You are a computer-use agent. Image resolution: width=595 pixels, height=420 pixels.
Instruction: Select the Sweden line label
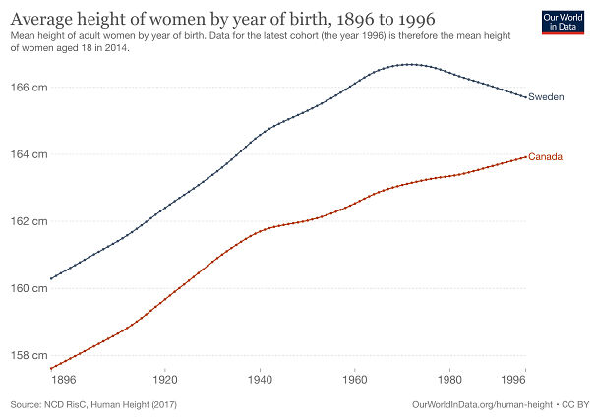point(546,97)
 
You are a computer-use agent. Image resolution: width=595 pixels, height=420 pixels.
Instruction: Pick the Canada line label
point(546,157)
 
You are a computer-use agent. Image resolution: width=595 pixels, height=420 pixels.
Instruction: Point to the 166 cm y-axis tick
point(30,88)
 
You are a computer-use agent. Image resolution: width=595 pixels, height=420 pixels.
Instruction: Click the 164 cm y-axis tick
point(30,154)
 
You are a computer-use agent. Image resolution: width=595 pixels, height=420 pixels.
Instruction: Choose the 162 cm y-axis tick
point(30,221)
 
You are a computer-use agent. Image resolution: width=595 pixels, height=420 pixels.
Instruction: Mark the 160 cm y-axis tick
point(30,288)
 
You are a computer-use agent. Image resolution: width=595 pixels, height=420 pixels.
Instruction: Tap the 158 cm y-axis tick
point(30,355)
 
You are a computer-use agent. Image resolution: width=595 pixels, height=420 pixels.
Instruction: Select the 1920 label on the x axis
point(164,378)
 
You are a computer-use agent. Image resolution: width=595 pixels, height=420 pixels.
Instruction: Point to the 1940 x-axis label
point(260,378)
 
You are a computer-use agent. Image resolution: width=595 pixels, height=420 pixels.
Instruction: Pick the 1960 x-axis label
point(355,378)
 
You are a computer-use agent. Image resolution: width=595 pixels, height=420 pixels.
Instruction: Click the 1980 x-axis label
point(450,378)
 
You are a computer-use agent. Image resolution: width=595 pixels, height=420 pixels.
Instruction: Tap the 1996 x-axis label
point(525,378)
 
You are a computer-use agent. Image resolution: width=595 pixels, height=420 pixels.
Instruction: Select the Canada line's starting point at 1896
point(50,369)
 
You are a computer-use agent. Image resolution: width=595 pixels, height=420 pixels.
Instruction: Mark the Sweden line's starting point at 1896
point(50,278)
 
